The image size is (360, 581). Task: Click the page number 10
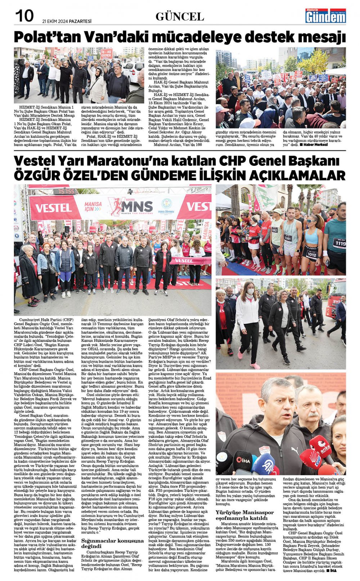(24, 15)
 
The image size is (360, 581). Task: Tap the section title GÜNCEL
(180, 16)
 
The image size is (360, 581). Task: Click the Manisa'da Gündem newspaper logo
(325, 15)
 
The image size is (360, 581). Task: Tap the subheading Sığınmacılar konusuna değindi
(112, 543)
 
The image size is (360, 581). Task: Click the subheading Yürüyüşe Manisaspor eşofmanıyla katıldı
(245, 515)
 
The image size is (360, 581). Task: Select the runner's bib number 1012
(312, 254)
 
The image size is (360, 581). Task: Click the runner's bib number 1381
(288, 238)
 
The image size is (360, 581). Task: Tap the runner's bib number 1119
(339, 244)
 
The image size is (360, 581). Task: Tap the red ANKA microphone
(320, 446)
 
